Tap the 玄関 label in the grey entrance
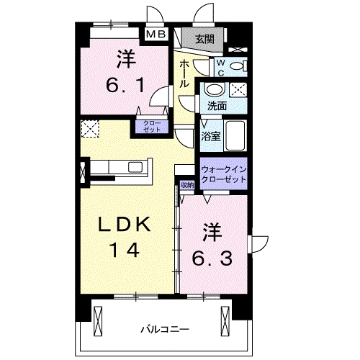(204, 39)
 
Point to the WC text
(222, 67)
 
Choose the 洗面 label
(217, 105)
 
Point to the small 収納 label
(187, 185)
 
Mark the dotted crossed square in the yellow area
(90, 128)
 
